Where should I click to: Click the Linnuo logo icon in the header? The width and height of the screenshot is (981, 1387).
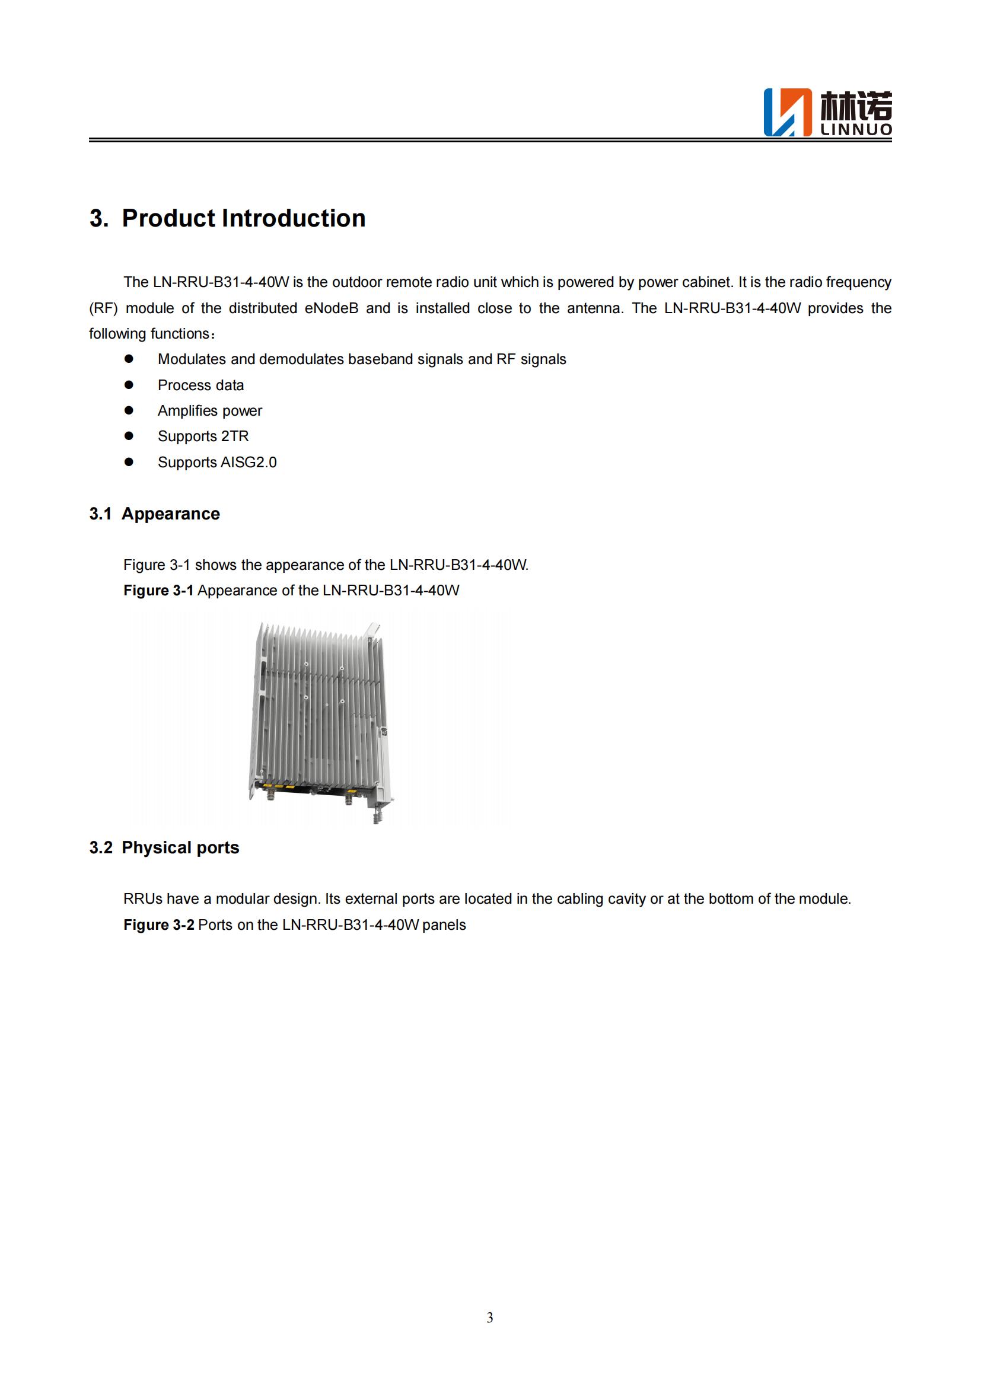788,112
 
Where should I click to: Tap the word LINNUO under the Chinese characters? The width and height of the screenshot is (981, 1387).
856,130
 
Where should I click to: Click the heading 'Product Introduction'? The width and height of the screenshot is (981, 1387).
243,218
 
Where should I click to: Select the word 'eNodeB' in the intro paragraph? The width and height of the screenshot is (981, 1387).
331,308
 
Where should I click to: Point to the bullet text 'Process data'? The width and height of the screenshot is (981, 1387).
200,385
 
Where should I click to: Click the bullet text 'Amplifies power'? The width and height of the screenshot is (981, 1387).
209,411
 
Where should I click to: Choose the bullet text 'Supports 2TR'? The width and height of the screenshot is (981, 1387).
203,436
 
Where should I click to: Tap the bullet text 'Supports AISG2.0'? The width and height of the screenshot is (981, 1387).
217,462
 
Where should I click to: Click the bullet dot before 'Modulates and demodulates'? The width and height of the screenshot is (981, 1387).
129,359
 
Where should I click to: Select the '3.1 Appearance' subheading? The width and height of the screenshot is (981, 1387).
155,514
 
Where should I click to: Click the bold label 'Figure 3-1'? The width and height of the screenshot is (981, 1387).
158,590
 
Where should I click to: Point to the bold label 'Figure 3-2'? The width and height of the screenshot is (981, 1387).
159,925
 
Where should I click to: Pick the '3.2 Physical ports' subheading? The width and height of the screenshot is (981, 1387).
164,847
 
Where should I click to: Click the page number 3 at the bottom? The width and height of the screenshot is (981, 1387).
490,1318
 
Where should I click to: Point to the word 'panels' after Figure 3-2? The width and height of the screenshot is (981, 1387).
444,925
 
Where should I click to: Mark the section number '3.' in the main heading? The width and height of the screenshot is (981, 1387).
99,218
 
